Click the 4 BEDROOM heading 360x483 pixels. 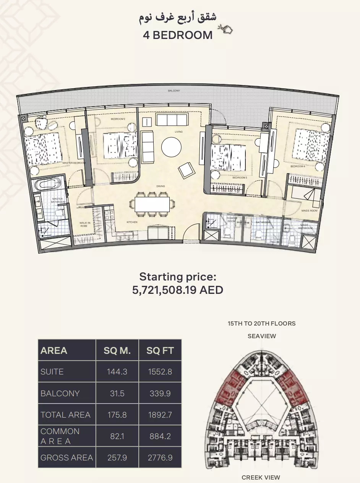click(x=178, y=35)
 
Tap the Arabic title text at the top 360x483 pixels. click(x=178, y=18)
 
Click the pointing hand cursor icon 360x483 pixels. click(x=225, y=29)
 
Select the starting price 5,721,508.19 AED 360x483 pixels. click(x=178, y=290)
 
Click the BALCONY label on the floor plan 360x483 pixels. click(x=174, y=91)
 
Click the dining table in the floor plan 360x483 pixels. click(x=152, y=204)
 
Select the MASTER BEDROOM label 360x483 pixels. click(x=74, y=163)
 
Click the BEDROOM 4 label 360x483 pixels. click(x=298, y=167)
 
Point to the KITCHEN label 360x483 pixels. click(x=132, y=222)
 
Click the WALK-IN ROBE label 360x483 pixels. click(x=84, y=224)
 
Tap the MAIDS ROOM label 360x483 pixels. click(x=309, y=211)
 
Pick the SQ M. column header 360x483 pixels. click(x=117, y=351)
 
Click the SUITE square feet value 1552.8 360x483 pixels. click(x=160, y=372)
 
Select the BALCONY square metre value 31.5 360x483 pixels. click(x=117, y=393)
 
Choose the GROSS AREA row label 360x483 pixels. click(x=66, y=457)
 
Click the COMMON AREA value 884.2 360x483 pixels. click(x=160, y=436)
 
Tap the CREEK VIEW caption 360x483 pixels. click(x=261, y=477)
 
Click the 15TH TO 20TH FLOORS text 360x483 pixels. click(x=261, y=324)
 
